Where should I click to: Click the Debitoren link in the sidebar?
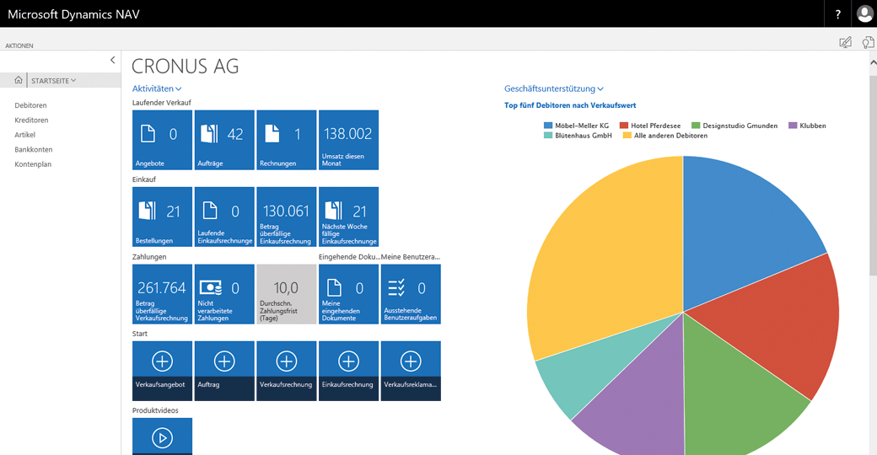[30, 105]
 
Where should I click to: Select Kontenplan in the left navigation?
[33, 164]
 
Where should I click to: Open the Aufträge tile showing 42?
[224, 140]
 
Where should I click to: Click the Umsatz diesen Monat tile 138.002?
[348, 140]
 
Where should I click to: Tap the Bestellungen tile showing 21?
[162, 217]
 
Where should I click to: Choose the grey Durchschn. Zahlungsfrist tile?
[286, 294]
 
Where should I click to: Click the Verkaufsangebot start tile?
[162, 371]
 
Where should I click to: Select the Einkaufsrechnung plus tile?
[348, 371]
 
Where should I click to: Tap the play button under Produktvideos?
[162, 436]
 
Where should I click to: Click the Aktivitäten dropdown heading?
[157, 88]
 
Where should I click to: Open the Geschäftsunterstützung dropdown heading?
[553, 88]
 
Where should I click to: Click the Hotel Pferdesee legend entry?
[654, 126]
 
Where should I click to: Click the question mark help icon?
[837, 14]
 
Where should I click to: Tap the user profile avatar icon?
[864, 14]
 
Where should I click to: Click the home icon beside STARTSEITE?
[19, 80]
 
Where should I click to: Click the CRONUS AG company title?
[185, 66]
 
